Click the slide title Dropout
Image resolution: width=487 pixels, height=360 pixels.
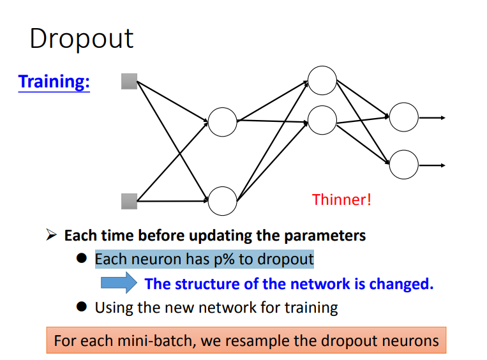coord(81,38)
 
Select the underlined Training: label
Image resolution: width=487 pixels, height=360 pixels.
coord(54,82)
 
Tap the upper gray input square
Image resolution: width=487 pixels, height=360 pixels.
coord(130,81)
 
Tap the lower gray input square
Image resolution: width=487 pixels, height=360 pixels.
coord(130,201)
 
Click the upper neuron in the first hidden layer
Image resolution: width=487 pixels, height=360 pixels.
coord(223,121)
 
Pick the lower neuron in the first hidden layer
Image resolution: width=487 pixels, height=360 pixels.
coord(223,201)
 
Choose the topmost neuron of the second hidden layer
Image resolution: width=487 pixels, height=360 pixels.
coord(322,80)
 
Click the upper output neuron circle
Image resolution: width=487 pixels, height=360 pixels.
coord(403,117)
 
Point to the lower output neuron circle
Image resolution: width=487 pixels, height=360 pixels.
coord(403,165)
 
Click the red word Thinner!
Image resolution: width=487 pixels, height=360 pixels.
coord(341,200)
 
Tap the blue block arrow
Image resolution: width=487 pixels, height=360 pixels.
coord(119,283)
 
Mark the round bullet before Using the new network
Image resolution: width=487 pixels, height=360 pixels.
coord(81,307)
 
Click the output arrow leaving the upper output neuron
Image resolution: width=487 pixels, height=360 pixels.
coord(432,117)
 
